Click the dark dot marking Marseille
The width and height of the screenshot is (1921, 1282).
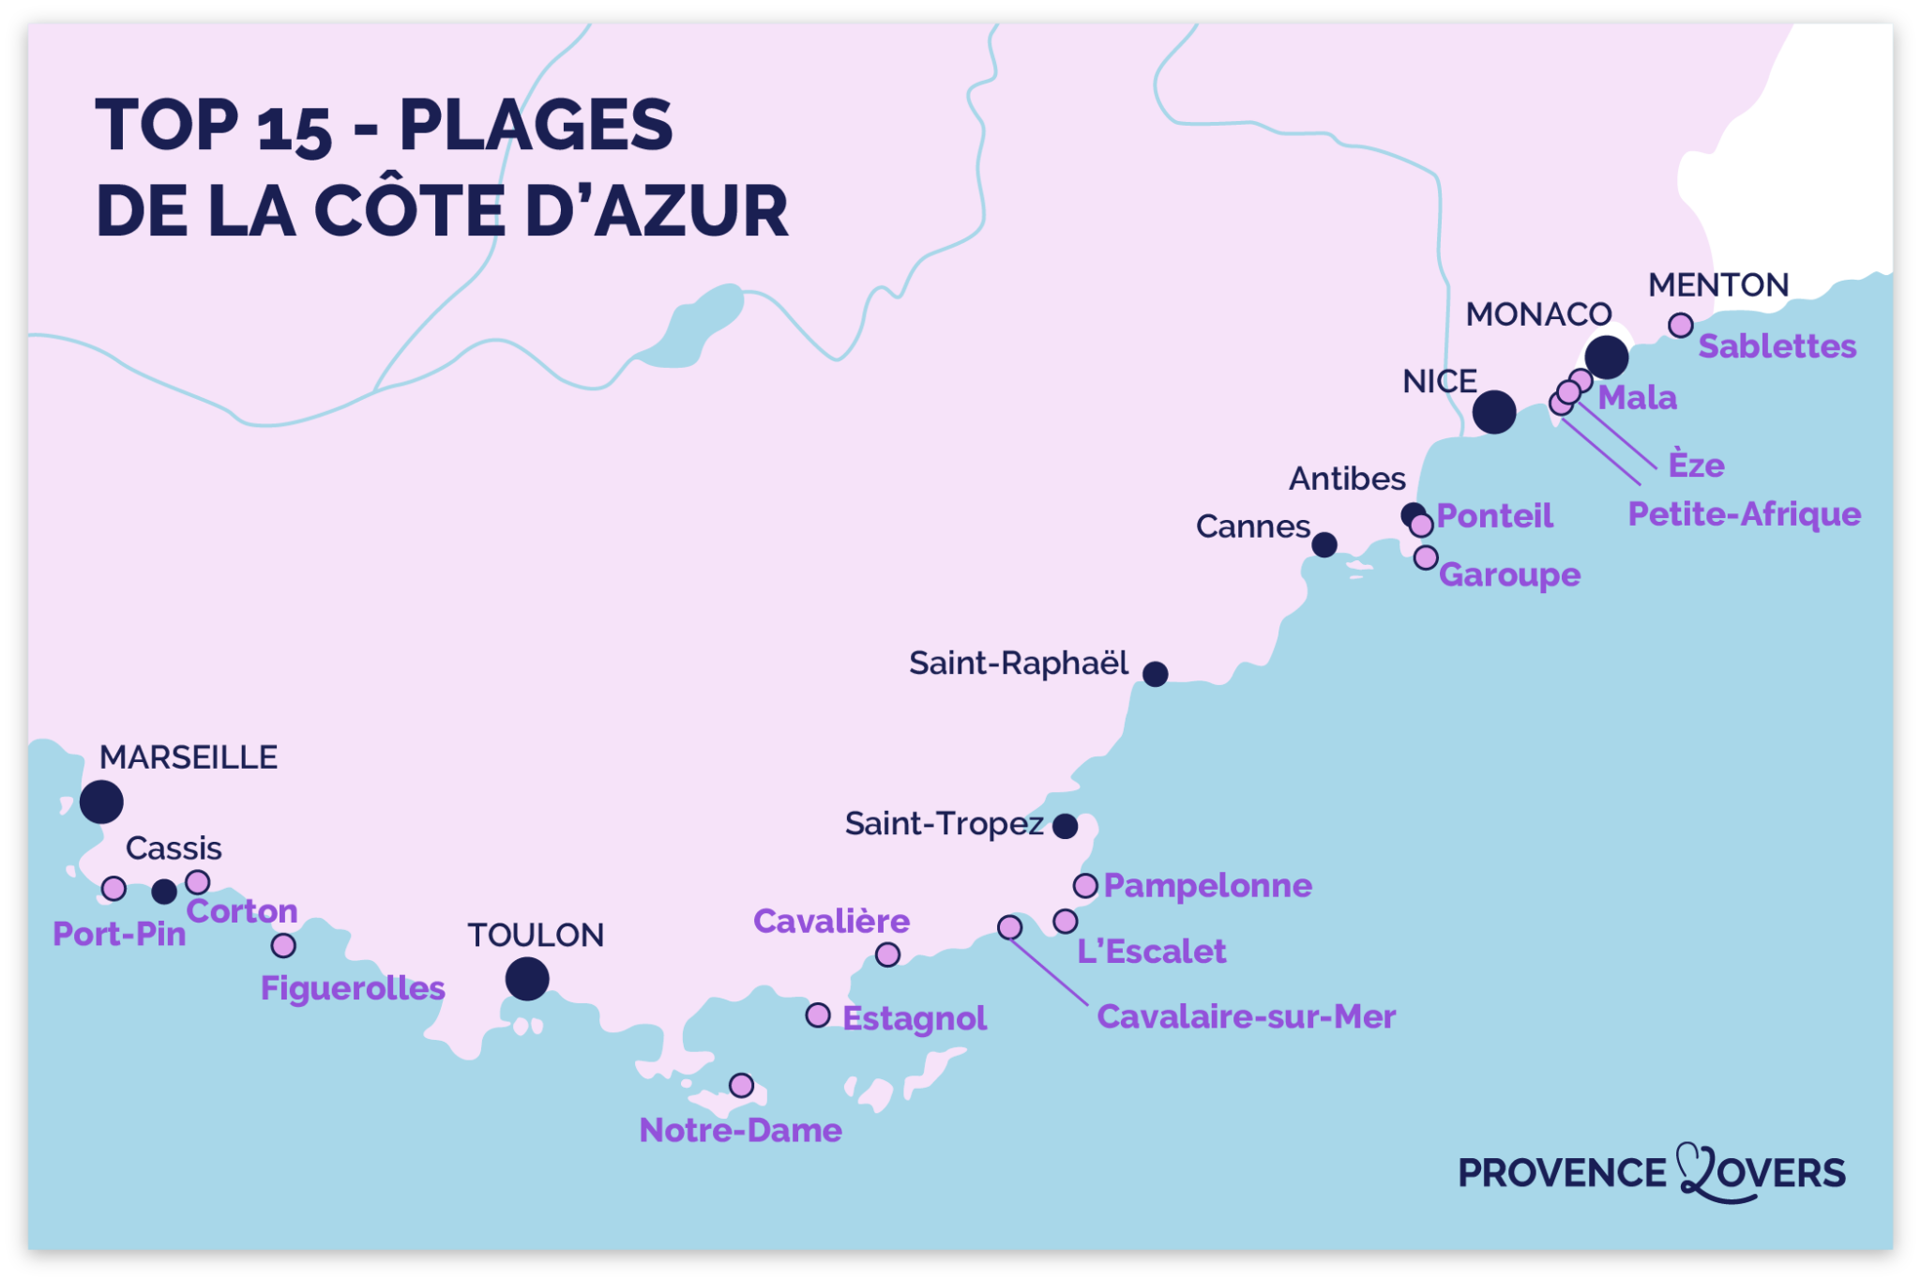point(101,801)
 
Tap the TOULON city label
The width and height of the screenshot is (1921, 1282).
point(536,935)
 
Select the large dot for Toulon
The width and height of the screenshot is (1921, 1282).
point(527,979)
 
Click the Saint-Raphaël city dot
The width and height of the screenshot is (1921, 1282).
point(1155,674)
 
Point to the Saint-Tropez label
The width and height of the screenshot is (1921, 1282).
point(944,824)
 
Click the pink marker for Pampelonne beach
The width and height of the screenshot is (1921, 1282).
point(1085,885)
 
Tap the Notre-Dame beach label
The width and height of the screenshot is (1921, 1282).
point(740,1130)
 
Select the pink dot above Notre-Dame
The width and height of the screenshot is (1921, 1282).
point(741,1085)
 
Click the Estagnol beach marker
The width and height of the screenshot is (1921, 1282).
point(818,1015)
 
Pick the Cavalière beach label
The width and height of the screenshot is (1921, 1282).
point(831,921)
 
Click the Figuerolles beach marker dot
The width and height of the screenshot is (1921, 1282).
point(283,945)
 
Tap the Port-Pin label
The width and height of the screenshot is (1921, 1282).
point(119,934)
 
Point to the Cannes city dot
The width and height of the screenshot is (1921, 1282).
point(1324,544)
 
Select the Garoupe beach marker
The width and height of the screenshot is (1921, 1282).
point(1426,557)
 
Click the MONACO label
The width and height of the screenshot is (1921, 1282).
point(1538,314)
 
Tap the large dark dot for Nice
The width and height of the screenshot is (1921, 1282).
point(1494,411)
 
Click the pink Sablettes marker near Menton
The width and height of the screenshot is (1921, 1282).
point(1681,326)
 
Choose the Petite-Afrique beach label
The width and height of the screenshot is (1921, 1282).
point(1744,514)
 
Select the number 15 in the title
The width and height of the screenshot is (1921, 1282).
point(294,129)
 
